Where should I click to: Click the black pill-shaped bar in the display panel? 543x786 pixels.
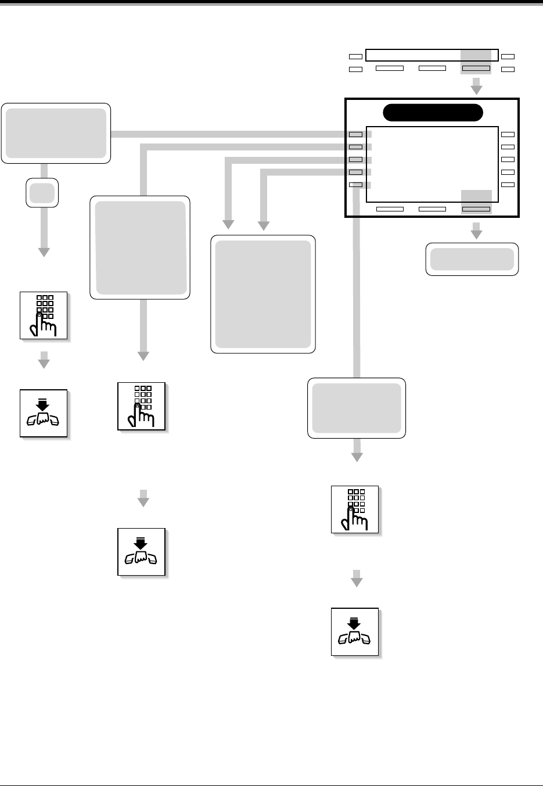click(433, 113)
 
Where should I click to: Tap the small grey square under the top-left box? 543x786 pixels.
click(42, 192)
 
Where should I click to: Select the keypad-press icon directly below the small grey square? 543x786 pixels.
click(44, 315)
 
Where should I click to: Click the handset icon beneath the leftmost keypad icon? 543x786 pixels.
click(44, 413)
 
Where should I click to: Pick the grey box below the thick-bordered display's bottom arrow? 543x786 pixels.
click(472, 259)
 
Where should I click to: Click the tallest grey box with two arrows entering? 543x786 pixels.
click(262, 294)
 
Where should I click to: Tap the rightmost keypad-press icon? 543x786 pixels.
click(355, 509)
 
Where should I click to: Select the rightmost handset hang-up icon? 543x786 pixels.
click(355, 632)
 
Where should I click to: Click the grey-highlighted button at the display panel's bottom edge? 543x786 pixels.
click(476, 209)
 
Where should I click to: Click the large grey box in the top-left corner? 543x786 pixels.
click(56, 133)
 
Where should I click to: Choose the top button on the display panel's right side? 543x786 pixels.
click(508, 135)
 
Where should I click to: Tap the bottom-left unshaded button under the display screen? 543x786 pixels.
click(390, 209)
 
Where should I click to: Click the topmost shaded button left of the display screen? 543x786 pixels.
click(355, 135)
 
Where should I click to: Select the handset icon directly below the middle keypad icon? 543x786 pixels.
click(142, 552)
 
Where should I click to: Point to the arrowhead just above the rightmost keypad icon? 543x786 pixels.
click(357, 457)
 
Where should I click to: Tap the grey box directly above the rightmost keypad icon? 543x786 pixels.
click(357, 408)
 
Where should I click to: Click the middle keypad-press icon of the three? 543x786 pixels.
click(142, 406)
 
